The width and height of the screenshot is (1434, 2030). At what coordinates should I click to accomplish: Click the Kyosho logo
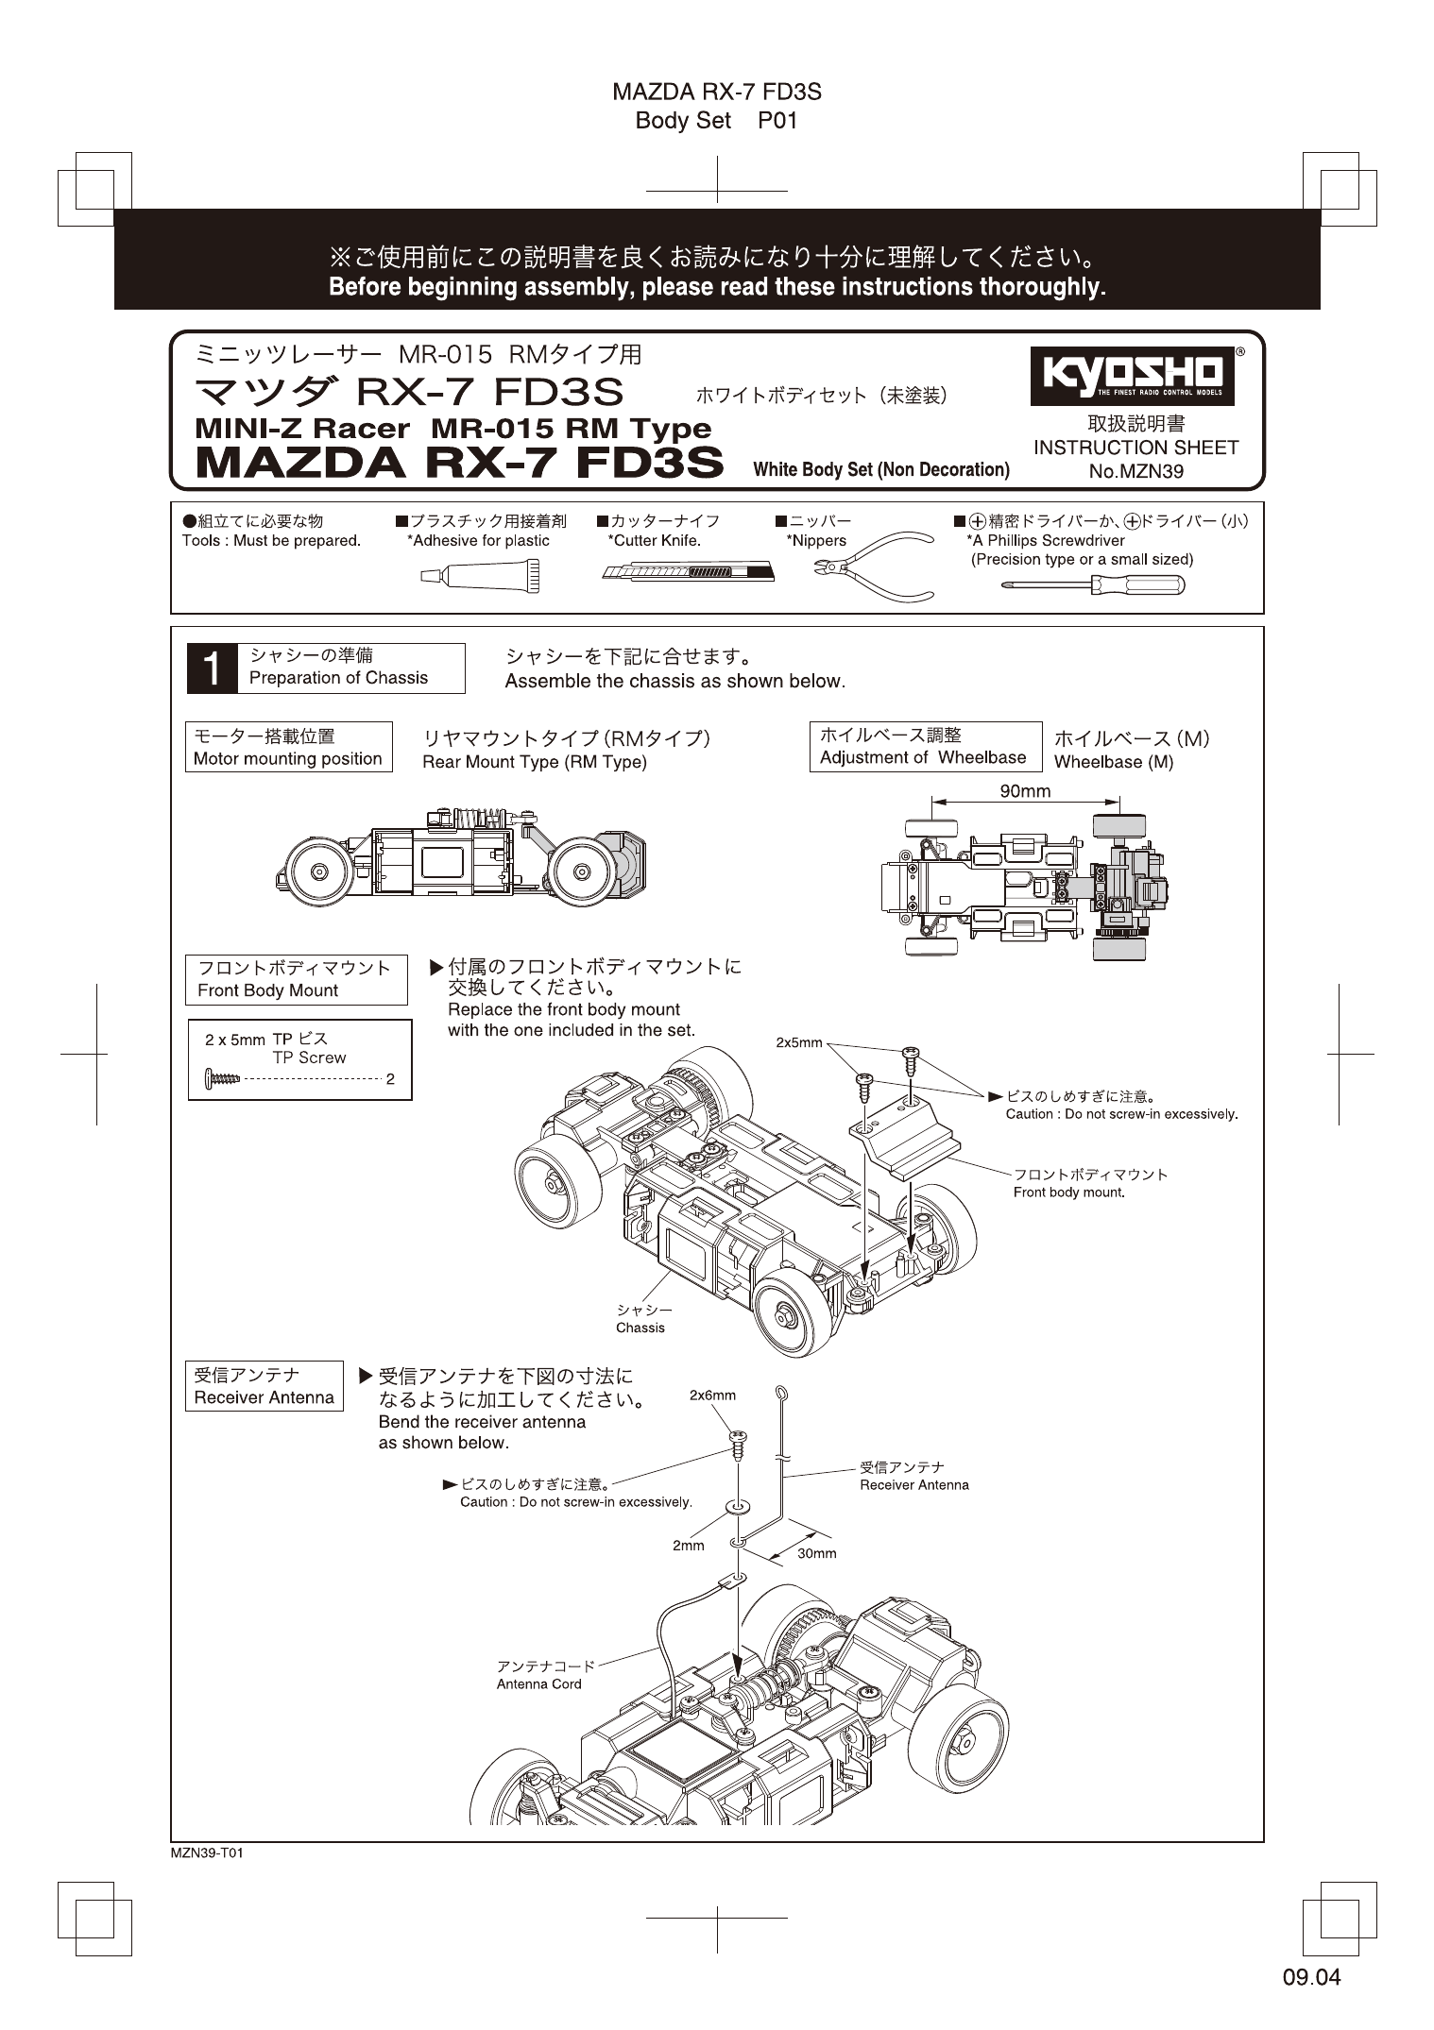click(x=1132, y=376)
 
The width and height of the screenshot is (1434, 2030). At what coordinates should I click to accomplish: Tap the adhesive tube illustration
click(x=480, y=575)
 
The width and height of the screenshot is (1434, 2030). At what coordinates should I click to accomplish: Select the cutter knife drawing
click(x=687, y=572)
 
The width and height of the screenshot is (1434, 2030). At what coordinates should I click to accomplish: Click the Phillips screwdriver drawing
click(x=1092, y=584)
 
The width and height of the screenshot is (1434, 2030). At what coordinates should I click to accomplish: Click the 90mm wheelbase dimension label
click(x=1025, y=791)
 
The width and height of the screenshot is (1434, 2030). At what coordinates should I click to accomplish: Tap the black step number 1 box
click(x=212, y=668)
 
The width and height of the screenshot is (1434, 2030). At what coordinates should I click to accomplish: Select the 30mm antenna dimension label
click(x=816, y=1553)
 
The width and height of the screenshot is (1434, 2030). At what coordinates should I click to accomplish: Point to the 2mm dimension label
click(x=688, y=1546)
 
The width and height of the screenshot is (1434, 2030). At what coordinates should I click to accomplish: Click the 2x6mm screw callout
click(x=712, y=1395)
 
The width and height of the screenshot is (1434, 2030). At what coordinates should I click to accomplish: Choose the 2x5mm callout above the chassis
click(x=798, y=1043)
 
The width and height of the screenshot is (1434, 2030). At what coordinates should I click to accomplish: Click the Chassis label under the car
click(x=640, y=1328)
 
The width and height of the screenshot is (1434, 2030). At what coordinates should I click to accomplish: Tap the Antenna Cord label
click(x=539, y=1683)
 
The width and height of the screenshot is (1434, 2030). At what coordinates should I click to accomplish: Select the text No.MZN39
click(x=1135, y=471)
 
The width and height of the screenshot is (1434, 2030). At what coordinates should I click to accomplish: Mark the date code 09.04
click(x=1311, y=1977)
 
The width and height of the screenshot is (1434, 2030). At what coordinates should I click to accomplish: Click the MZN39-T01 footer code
click(x=207, y=1853)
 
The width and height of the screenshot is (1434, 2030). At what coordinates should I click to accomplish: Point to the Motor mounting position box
click(x=288, y=747)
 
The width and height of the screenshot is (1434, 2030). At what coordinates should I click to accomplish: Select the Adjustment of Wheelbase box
click(x=924, y=746)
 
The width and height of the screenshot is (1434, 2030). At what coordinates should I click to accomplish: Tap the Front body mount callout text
click(x=1069, y=1193)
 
